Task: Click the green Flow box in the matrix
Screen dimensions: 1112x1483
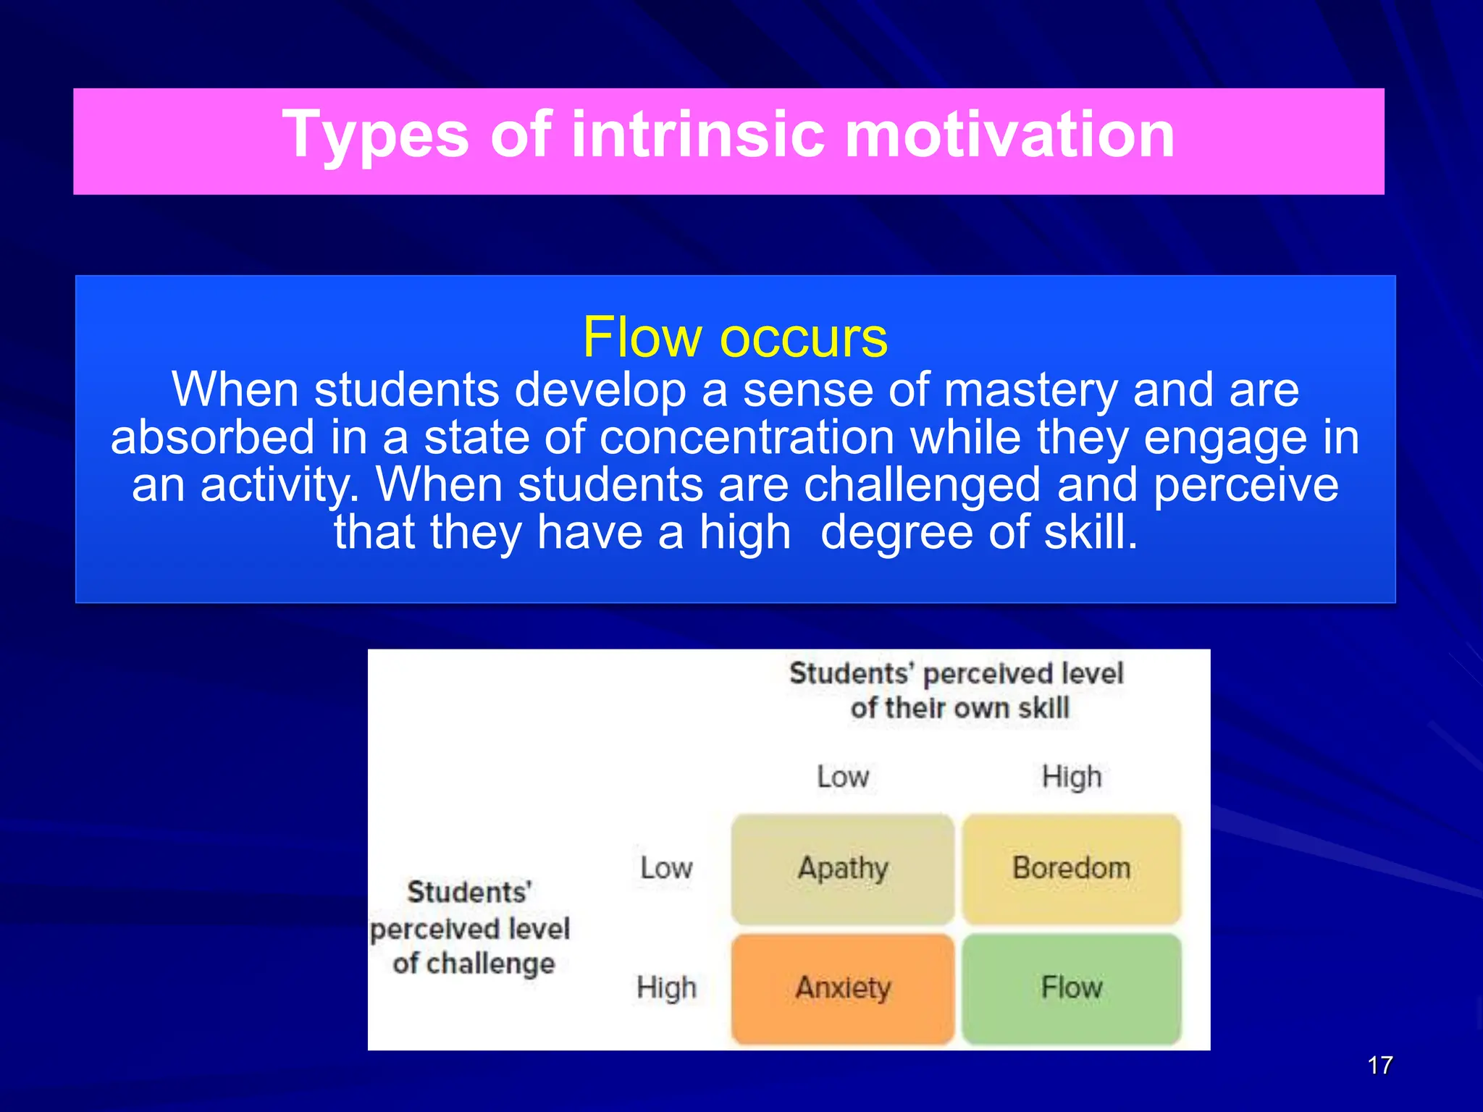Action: [1072, 988]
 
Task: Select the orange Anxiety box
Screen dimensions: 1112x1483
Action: [843, 988]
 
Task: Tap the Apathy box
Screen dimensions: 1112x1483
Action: [843, 868]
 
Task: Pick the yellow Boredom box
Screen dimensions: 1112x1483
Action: [1072, 868]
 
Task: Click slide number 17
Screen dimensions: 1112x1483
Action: [1380, 1065]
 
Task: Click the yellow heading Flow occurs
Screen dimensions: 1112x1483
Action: [735, 337]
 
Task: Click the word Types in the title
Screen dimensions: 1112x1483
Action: [376, 135]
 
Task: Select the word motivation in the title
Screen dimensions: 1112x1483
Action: [1009, 135]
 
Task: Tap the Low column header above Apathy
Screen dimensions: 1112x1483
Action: [843, 777]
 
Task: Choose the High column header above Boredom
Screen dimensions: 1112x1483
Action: [1072, 777]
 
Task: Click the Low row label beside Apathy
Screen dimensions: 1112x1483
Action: [666, 868]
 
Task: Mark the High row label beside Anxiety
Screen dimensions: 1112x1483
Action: [666, 987]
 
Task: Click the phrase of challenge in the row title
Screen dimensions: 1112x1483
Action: [474, 964]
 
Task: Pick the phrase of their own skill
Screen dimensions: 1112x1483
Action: [959, 708]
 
